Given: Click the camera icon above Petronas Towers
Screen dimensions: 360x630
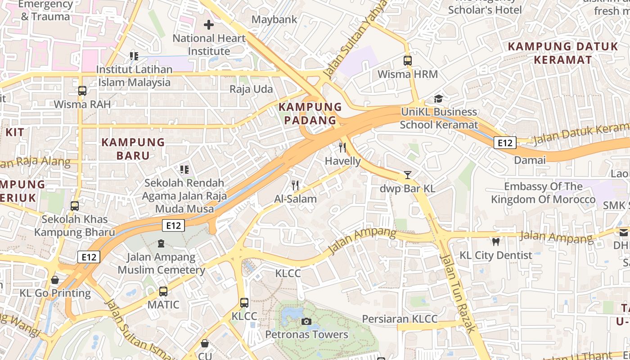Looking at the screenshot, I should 306,321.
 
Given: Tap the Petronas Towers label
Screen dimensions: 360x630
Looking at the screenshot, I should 306,334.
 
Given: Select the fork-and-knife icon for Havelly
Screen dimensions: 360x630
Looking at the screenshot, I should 343,148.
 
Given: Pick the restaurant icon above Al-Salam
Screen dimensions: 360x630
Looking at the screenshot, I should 295,185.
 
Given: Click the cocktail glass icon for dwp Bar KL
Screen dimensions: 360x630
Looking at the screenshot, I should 408,175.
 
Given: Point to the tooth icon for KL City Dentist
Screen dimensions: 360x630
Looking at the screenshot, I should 496,242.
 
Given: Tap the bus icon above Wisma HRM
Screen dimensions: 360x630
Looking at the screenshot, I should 408,60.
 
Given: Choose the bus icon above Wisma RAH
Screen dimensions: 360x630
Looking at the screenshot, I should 82,90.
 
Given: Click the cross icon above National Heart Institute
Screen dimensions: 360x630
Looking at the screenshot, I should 209,25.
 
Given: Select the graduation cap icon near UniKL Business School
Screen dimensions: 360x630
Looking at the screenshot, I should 438,99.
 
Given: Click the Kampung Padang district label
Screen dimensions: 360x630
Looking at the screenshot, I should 310,113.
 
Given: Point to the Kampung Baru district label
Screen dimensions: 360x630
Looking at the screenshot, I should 133,149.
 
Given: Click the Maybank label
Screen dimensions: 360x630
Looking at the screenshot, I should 274,19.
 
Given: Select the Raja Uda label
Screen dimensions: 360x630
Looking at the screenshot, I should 251,89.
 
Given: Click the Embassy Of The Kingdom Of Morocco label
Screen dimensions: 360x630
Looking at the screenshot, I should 543,193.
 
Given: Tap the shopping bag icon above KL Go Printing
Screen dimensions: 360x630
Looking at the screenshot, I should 55,280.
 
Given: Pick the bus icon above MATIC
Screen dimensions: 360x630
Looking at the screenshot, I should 163,291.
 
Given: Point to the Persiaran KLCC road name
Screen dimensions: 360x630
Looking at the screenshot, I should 400,319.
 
